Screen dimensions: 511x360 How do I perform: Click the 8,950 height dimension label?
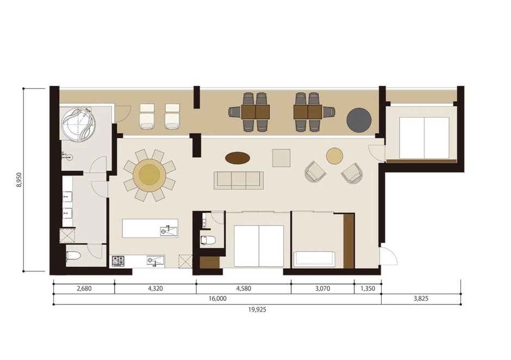[x=20, y=179]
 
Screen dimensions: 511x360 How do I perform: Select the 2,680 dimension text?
[x=84, y=289]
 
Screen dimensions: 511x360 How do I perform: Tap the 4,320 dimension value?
[x=155, y=289]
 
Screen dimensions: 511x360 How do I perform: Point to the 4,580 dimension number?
[x=244, y=289]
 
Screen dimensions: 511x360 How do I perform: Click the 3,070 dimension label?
[x=322, y=289]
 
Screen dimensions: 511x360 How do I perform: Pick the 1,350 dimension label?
[x=367, y=289]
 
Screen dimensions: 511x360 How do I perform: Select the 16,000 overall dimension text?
[x=217, y=299]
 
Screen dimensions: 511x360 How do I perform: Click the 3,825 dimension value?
[x=421, y=299]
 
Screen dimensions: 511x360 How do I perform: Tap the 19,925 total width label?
[x=257, y=309]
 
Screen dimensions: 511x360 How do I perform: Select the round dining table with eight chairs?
[x=149, y=175]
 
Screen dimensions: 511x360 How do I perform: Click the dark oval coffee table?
[x=238, y=158]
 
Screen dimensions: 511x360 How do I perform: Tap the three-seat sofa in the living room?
[x=239, y=180]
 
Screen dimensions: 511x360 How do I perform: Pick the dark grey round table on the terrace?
[x=359, y=119]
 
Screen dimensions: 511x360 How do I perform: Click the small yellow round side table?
[x=334, y=156]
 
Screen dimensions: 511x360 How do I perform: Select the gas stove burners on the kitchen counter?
[x=119, y=260]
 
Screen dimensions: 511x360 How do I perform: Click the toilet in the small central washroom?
[x=208, y=240]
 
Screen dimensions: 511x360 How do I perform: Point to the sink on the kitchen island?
[x=169, y=231]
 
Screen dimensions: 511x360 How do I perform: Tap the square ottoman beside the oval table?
[x=281, y=158]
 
